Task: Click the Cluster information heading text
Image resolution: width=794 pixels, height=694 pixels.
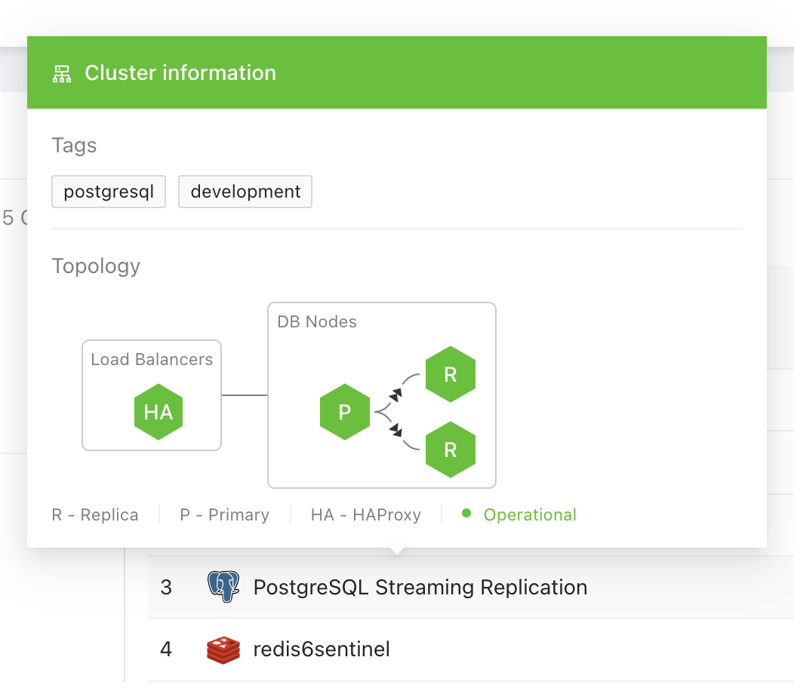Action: click(180, 73)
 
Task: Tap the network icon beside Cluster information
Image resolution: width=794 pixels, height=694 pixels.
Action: click(61, 74)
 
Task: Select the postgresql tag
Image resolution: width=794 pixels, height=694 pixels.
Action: click(109, 192)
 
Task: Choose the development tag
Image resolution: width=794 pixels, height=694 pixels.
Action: click(245, 192)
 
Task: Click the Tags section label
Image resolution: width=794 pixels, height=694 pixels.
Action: click(74, 146)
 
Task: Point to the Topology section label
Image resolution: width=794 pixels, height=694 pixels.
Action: click(96, 266)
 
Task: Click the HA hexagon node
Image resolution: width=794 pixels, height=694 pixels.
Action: click(158, 413)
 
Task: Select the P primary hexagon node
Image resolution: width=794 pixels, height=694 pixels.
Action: click(345, 413)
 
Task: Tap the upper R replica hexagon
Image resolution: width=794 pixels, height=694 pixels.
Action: click(451, 375)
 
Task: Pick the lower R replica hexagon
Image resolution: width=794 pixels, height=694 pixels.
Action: click(451, 450)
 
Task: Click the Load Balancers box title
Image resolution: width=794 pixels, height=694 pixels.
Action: click(152, 360)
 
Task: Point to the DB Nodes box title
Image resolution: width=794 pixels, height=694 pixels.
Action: click(317, 322)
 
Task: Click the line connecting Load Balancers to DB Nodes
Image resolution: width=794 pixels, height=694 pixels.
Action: click(245, 395)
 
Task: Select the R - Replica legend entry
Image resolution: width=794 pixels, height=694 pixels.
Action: click(95, 515)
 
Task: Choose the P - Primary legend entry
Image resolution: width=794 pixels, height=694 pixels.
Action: click(224, 515)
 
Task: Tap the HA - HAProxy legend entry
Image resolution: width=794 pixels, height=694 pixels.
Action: click(365, 515)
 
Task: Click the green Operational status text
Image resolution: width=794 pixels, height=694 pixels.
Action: click(529, 515)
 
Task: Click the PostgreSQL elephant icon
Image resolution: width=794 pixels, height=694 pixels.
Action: click(223, 587)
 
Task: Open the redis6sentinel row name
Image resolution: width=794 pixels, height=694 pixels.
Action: click(322, 649)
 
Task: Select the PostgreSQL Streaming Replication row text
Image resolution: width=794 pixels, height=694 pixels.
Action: click(420, 587)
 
